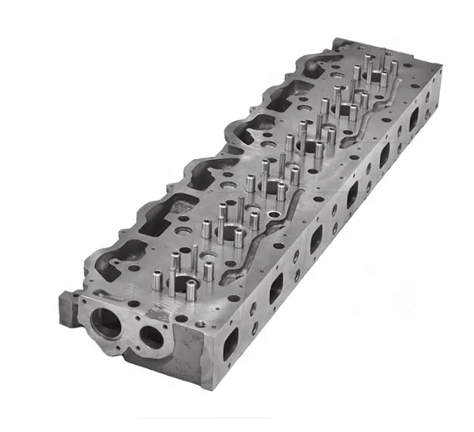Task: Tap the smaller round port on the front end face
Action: click(151, 337)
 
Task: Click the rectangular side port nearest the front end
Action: click(230, 340)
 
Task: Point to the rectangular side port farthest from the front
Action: click(414, 119)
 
